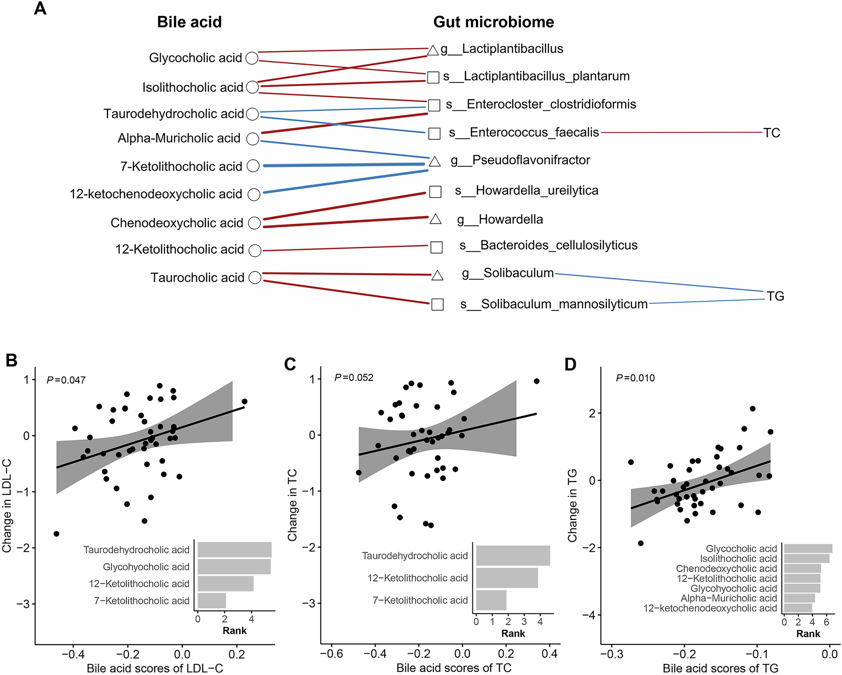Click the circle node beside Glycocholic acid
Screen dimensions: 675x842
click(252, 58)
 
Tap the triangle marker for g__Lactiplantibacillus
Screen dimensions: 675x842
click(433, 50)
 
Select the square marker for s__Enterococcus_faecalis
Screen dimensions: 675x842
click(435, 133)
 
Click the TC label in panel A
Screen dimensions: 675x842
click(771, 133)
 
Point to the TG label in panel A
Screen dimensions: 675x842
click(775, 296)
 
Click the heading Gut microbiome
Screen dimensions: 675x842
click(493, 22)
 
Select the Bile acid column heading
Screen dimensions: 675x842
click(189, 22)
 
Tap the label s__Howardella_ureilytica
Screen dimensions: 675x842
click(526, 191)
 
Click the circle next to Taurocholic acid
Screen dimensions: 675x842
click(255, 278)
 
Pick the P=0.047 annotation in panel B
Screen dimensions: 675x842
click(66, 380)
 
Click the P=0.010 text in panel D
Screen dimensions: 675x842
click(635, 378)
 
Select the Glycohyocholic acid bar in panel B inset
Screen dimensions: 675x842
click(234, 567)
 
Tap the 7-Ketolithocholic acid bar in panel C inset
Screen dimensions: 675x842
click(491, 600)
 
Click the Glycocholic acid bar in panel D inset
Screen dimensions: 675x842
click(808, 549)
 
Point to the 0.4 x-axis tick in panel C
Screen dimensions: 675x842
click(549, 654)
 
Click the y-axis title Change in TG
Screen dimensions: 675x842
click(572, 505)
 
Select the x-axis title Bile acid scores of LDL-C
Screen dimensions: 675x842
click(155, 668)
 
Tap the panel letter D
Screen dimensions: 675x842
click(571, 364)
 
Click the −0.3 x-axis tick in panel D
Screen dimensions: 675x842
click(612, 654)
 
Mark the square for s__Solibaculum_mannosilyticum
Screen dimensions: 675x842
click(437, 304)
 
